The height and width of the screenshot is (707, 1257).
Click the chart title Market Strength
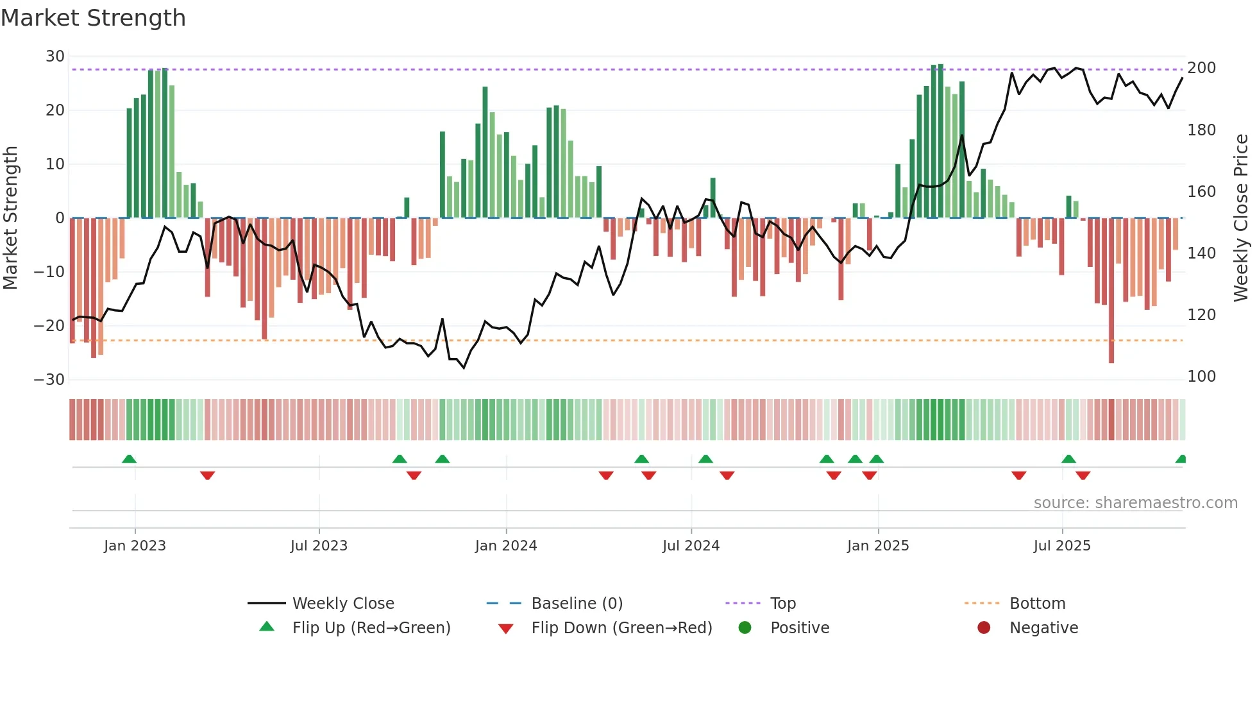click(x=93, y=18)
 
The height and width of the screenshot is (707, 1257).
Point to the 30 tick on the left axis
click(x=55, y=56)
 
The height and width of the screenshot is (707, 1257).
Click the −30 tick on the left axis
click(x=49, y=379)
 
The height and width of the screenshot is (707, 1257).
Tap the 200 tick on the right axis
click(x=1201, y=68)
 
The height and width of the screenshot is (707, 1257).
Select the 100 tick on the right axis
click(x=1201, y=377)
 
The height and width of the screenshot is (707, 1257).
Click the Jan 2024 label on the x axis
click(x=506, y=546)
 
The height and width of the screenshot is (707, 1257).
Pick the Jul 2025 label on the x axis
click(x=1062, y=546)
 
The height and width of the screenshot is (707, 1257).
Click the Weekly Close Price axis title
click(x=1241, y=218)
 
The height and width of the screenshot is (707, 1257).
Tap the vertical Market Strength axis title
click(x=11, y=218)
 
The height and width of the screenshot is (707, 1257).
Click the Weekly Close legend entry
click(x=343, y=604)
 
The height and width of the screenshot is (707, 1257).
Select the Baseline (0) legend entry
click(x=577, y=604)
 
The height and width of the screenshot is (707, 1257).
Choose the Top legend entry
click(x=783, y=604)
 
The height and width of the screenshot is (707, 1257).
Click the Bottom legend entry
click(x=1037, y=604)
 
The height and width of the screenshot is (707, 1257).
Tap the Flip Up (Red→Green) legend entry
click(x=371, y=628)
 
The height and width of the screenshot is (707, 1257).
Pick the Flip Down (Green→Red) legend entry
click(x=621, y=628)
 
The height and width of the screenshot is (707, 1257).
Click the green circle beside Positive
click(x=745, y=627)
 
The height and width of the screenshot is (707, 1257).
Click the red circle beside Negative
click(x=984, y=627)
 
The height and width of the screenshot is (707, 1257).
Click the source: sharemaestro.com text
click(x=1135, y=503)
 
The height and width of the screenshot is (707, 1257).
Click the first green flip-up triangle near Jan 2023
click(x=129, y=459)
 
